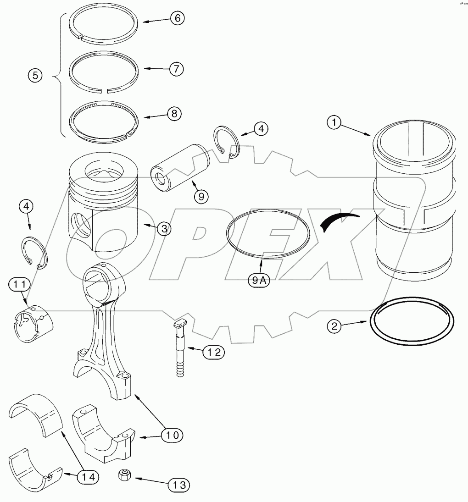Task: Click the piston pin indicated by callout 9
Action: (x=180, y=168)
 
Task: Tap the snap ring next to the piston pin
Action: (x=227, y=143)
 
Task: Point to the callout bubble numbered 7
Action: (x=176, y=69)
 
